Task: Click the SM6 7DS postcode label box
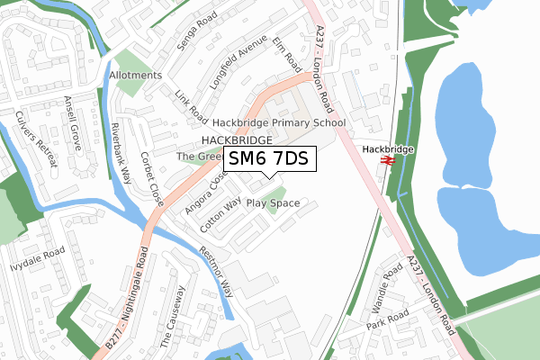click(x=269, y=160)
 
